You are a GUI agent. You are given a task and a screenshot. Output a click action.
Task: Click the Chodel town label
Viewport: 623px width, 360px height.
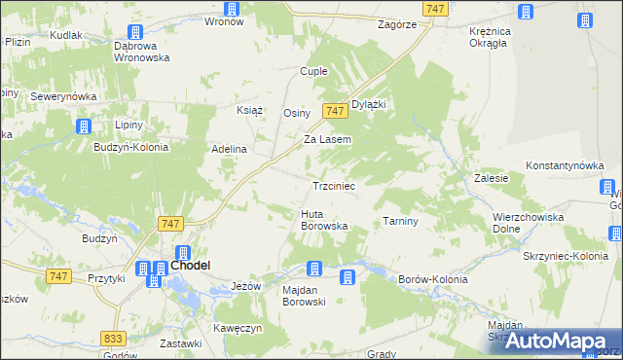click(x=193, y=265)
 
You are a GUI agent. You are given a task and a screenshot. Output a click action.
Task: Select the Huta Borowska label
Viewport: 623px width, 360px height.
click(x=324, y=220)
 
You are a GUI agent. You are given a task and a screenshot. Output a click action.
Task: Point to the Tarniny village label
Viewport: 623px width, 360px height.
click(x=400, y=221)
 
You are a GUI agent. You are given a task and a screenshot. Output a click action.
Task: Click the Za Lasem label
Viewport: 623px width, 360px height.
click(x=327, y=139)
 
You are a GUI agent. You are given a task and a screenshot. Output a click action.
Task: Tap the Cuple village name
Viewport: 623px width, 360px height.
click(x=313, y=72)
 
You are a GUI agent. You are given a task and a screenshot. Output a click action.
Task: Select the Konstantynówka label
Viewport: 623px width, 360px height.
click(x=566, y=166)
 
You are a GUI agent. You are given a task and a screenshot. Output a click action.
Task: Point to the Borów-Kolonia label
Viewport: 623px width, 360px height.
click(x=433, y=279)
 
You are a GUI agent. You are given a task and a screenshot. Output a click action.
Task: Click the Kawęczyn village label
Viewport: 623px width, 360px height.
click(x=239, y=328)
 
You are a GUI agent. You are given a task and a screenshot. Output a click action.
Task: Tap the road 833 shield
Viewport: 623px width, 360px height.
click(x=114, y=338)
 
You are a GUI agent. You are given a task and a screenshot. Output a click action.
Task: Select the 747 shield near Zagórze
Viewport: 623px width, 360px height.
click(x=435, y=8)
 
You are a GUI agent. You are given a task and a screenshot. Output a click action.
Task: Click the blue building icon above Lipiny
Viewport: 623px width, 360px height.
click(x=84, y=126)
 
